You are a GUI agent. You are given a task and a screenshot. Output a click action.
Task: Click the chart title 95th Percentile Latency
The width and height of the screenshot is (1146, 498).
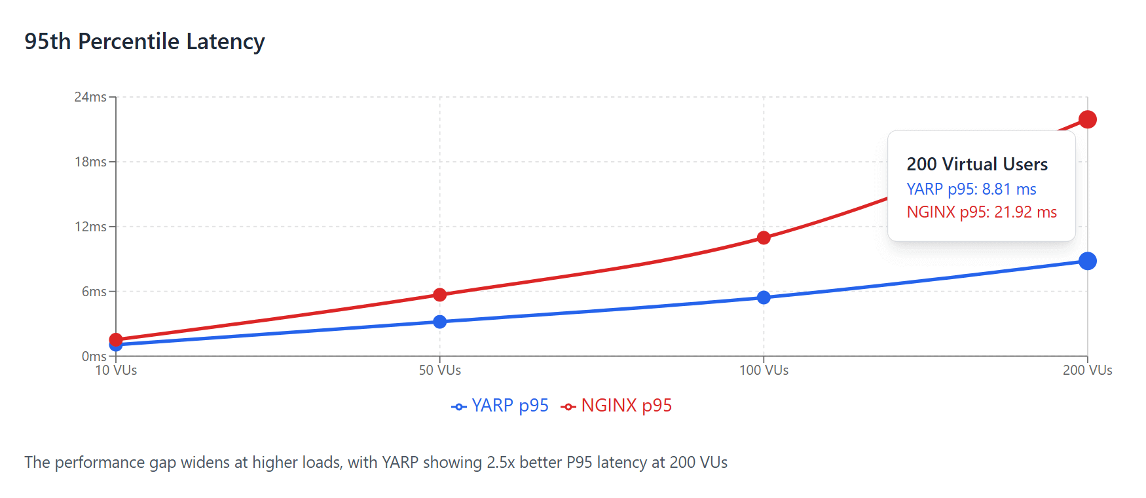145,41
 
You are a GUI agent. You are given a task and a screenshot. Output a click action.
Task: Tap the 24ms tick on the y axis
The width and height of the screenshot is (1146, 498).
90,97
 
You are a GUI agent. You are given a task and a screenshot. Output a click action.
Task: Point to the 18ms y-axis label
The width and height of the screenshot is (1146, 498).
90,162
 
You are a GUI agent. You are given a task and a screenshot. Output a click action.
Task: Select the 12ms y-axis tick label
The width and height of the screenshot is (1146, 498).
90,227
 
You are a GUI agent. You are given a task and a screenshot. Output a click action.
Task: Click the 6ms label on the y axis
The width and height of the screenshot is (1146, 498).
94,292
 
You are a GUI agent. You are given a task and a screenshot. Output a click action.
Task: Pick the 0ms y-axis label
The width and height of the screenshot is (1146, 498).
94,356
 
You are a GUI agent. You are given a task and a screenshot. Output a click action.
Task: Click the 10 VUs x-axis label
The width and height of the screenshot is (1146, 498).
116,370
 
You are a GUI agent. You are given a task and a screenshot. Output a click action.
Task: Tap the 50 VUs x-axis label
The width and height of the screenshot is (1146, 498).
440,370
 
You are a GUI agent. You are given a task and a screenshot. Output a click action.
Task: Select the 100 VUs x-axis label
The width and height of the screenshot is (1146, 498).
764,370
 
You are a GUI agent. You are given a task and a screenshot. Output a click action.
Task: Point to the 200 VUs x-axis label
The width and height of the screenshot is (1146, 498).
1087,370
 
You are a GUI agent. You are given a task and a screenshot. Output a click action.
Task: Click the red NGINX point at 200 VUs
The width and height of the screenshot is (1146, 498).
1088,119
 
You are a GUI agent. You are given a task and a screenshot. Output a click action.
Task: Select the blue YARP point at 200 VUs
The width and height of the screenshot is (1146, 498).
1088,261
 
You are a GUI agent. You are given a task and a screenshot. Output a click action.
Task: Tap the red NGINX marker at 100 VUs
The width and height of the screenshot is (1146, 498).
764,237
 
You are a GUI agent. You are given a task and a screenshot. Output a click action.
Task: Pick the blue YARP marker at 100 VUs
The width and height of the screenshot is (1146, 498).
764,297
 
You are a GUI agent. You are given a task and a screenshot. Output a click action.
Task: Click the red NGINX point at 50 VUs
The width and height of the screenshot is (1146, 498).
440,295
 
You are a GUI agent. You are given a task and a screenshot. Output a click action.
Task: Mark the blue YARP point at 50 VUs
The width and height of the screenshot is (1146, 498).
440,322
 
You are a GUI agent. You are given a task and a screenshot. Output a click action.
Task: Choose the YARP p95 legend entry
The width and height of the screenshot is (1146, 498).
500,406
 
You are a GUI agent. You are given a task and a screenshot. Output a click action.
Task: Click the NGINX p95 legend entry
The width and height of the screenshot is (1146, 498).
617,406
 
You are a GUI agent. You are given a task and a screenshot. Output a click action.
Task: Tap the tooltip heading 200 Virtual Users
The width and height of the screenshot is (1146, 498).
977,164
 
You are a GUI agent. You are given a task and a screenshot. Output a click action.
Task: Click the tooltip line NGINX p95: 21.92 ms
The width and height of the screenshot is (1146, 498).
982,212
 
